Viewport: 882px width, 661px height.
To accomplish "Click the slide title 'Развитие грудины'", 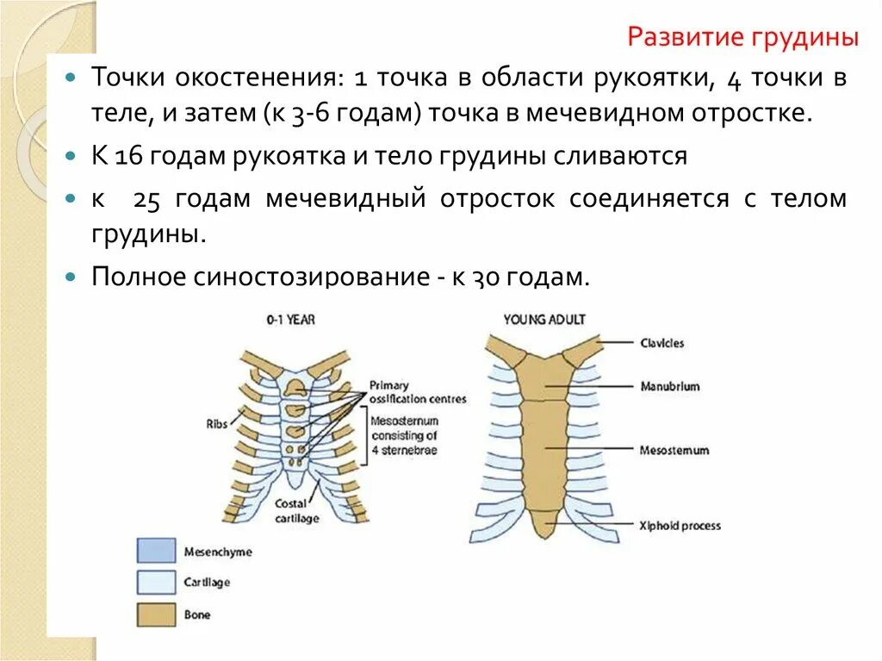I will (743, 38).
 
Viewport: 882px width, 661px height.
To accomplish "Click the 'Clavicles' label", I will (662, 343).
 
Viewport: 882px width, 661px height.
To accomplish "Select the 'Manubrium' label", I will (669, 387).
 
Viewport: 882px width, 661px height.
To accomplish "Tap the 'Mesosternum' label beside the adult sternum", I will (674, 450).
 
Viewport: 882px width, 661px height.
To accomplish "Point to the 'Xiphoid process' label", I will (680, 525).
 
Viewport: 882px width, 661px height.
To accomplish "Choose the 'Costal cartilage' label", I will (297, 511).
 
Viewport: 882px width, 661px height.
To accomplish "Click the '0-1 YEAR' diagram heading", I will (290, 320).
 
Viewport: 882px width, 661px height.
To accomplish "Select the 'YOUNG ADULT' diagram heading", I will (544, 320).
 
